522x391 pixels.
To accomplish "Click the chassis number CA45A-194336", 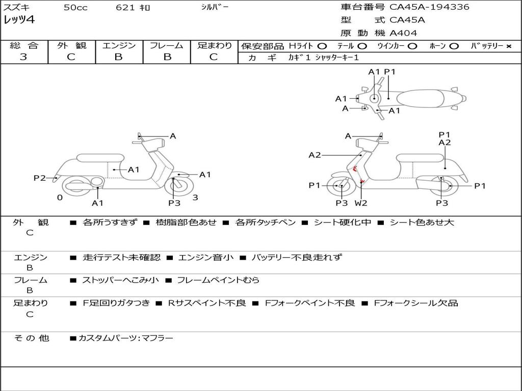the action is (429, 7).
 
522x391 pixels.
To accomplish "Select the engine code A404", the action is (403, 33).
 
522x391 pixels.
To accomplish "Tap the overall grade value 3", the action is (23, 57).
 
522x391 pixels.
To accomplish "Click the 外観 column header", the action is (71, 46).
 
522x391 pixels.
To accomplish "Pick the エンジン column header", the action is (119, 46).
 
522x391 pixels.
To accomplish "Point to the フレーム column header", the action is (166, 46).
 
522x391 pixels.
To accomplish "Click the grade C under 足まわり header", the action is (214, 57).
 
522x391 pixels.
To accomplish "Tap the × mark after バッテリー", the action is (508, 46).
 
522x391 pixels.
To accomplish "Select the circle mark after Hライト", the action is (322, 46).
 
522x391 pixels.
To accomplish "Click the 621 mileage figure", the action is (125, 8).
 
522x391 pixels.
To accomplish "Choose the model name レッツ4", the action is (19, 20).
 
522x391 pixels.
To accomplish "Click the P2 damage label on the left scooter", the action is (39, 178).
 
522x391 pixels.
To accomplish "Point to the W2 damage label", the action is (361, 203).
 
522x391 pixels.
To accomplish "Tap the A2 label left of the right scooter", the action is (315, 155).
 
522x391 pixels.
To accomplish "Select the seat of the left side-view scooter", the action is (100, 158).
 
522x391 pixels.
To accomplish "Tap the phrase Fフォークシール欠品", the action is (415, 303).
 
